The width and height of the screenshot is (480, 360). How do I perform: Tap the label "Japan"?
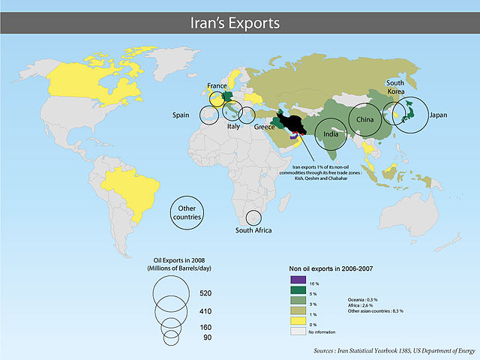tap(439, 116)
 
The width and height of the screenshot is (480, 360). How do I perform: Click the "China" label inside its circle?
tap(365, 120)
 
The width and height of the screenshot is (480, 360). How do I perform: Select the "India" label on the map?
tap(330, 135)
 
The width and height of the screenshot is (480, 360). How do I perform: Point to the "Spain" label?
tap(181, 115)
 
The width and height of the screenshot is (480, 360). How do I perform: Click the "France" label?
tap(218, 86)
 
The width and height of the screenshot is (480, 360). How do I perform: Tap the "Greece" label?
tap(265, 127)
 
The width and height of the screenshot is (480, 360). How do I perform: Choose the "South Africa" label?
tap(253, 231)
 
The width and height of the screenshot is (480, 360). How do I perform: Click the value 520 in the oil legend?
tap(206, 292)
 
